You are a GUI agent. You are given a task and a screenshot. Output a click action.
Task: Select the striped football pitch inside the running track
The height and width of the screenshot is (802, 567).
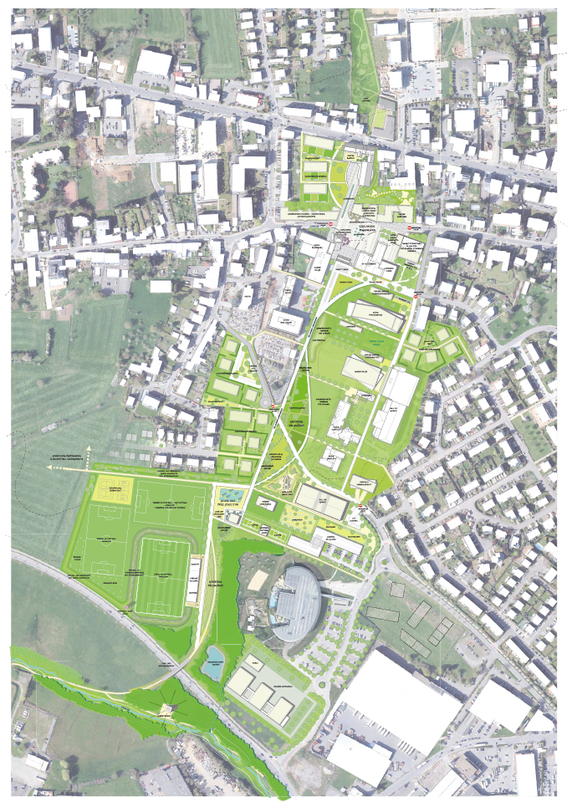click(164, 573)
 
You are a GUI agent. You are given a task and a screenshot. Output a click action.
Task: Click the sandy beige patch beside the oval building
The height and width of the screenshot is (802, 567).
click(258, 578)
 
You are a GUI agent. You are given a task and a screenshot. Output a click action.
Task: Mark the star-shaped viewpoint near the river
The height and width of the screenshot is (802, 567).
click(171, 709)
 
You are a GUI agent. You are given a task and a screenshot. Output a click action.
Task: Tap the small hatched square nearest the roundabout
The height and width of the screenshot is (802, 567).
click(397, 588)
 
